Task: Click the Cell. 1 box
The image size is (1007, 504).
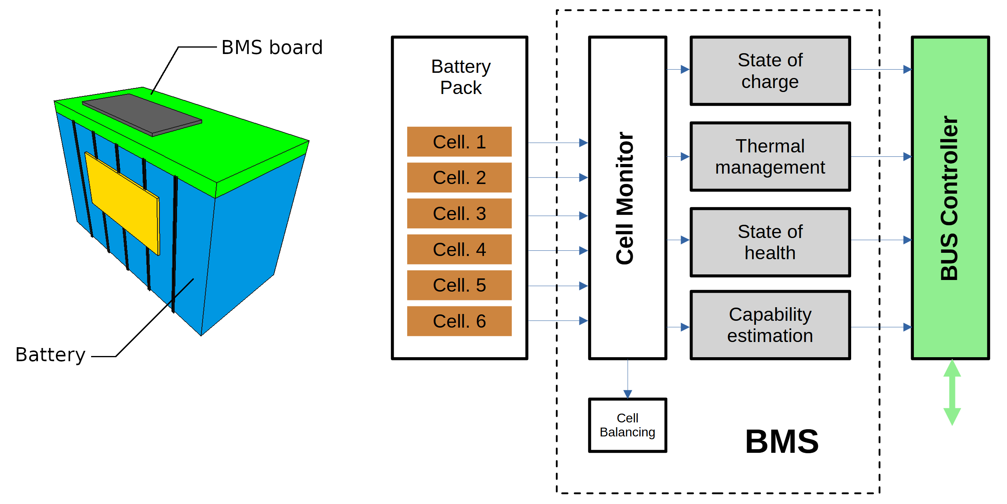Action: coord(459,142)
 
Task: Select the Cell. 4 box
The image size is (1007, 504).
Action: coord(459,249)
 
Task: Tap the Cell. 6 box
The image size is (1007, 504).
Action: coord(459,321)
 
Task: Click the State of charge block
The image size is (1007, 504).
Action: coord(770,71)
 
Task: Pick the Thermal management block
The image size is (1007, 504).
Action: coord(770,156)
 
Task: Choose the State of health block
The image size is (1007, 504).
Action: coord(770,242)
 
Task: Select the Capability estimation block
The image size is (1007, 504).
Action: coord(770,325)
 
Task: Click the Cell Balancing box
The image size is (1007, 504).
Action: coord(627,425)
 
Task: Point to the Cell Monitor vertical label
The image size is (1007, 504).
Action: coord(625,198)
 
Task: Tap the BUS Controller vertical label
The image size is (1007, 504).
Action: coord(949,198)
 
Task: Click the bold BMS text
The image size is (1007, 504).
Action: coord(782,442)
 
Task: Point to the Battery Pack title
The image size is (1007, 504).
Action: coord(461,77)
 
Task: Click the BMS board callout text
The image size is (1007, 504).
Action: coord(272,47)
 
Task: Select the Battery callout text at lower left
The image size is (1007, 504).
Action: coord(50,354)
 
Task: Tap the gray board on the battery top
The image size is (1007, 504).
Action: coord(142,114)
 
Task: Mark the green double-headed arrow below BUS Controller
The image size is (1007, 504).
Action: coord(952,392)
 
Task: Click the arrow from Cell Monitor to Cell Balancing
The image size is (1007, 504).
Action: coord(627,378)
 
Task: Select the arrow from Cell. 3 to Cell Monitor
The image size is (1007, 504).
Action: coord(558,216)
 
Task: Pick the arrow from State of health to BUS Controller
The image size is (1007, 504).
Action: coord(881,240)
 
